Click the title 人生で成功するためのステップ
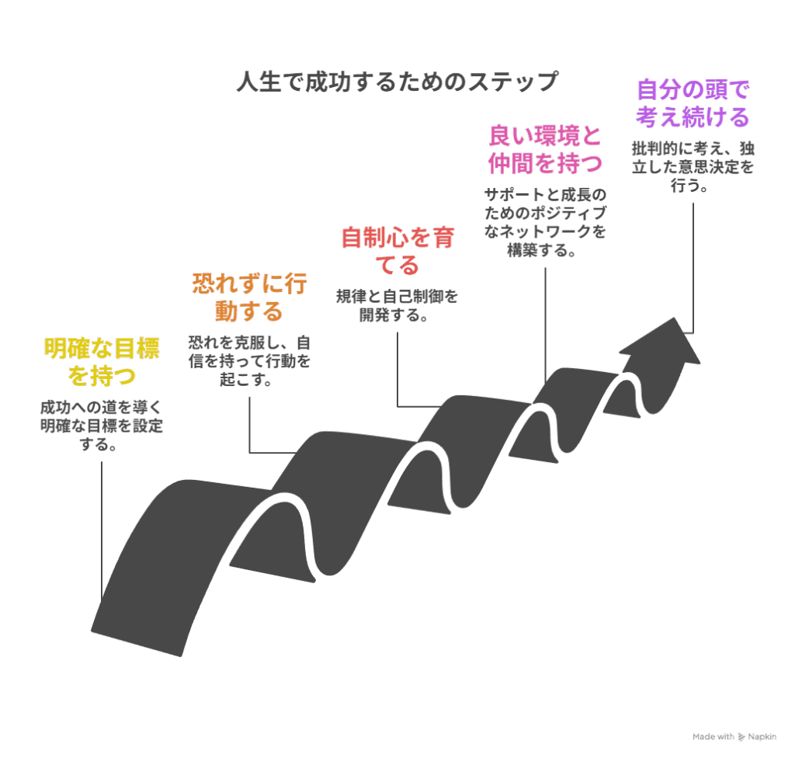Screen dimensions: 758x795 tap(397, 82)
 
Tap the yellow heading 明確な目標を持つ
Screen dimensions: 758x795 tap(102, 362)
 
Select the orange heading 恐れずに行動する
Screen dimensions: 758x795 tap(249, 297)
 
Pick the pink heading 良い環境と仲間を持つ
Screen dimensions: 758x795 tap(545, 149)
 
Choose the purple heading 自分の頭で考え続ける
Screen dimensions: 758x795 tap(693, 103)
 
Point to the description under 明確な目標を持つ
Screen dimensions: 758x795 tap(102, 426)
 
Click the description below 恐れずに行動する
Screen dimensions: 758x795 tap(249, 361)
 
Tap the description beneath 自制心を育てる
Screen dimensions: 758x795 tap(397, 305)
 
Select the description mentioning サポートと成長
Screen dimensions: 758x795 tap(545, 222)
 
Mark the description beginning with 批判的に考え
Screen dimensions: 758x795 tap(693, 166)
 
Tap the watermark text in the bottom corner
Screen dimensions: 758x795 tap(734, 735)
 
